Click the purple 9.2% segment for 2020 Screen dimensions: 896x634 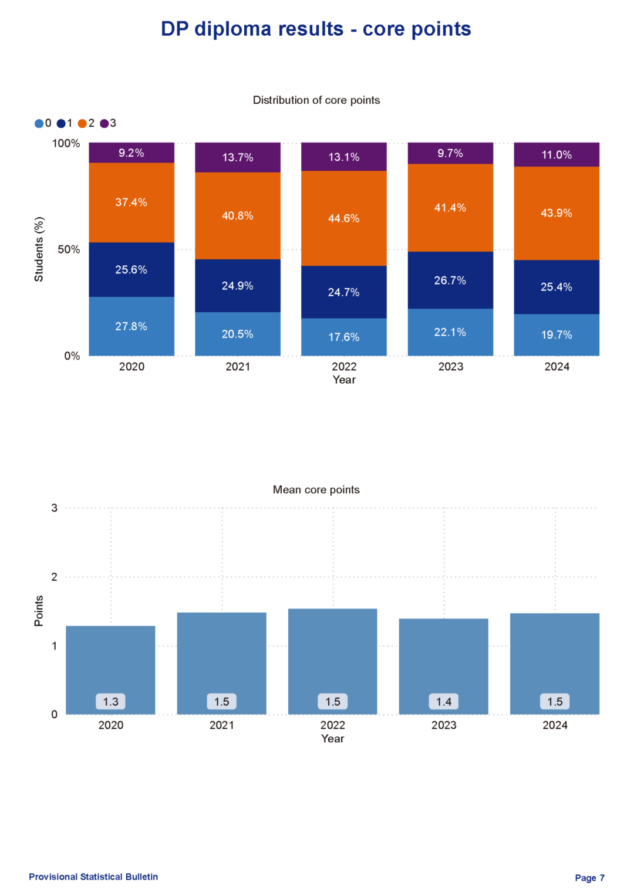click(x=131, y=153)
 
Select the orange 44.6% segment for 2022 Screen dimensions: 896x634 click(x=343, y=218)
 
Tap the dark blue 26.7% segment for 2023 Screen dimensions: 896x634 click(x=450, y=280)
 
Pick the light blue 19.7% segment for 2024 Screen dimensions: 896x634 click(x=557, y=334)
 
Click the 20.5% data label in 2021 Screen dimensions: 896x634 click(x=238, y=334)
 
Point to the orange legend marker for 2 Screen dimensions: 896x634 click(x=82, y=123)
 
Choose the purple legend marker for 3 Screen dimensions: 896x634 click(x=104, y=123)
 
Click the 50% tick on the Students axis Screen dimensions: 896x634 click(x=69, y=249)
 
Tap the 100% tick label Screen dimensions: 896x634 click(x=66, y=143)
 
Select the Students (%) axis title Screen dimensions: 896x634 click(x=39, y=249)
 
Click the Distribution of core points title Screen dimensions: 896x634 click(x=316, y=100)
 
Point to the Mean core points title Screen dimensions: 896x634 click(x=316, y=489)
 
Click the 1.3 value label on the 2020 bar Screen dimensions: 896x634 click(x=110, y=702)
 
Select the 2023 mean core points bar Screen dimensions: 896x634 click(x=444, y=657)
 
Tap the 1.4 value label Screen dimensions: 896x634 click(x=444, y=702)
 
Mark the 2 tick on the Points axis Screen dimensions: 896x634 click(x=55, y=577)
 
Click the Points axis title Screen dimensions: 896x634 click(x=39, y=611)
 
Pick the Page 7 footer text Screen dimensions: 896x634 click(x=589, y=878)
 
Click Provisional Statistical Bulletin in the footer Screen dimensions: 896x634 click(x=93, y=877)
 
